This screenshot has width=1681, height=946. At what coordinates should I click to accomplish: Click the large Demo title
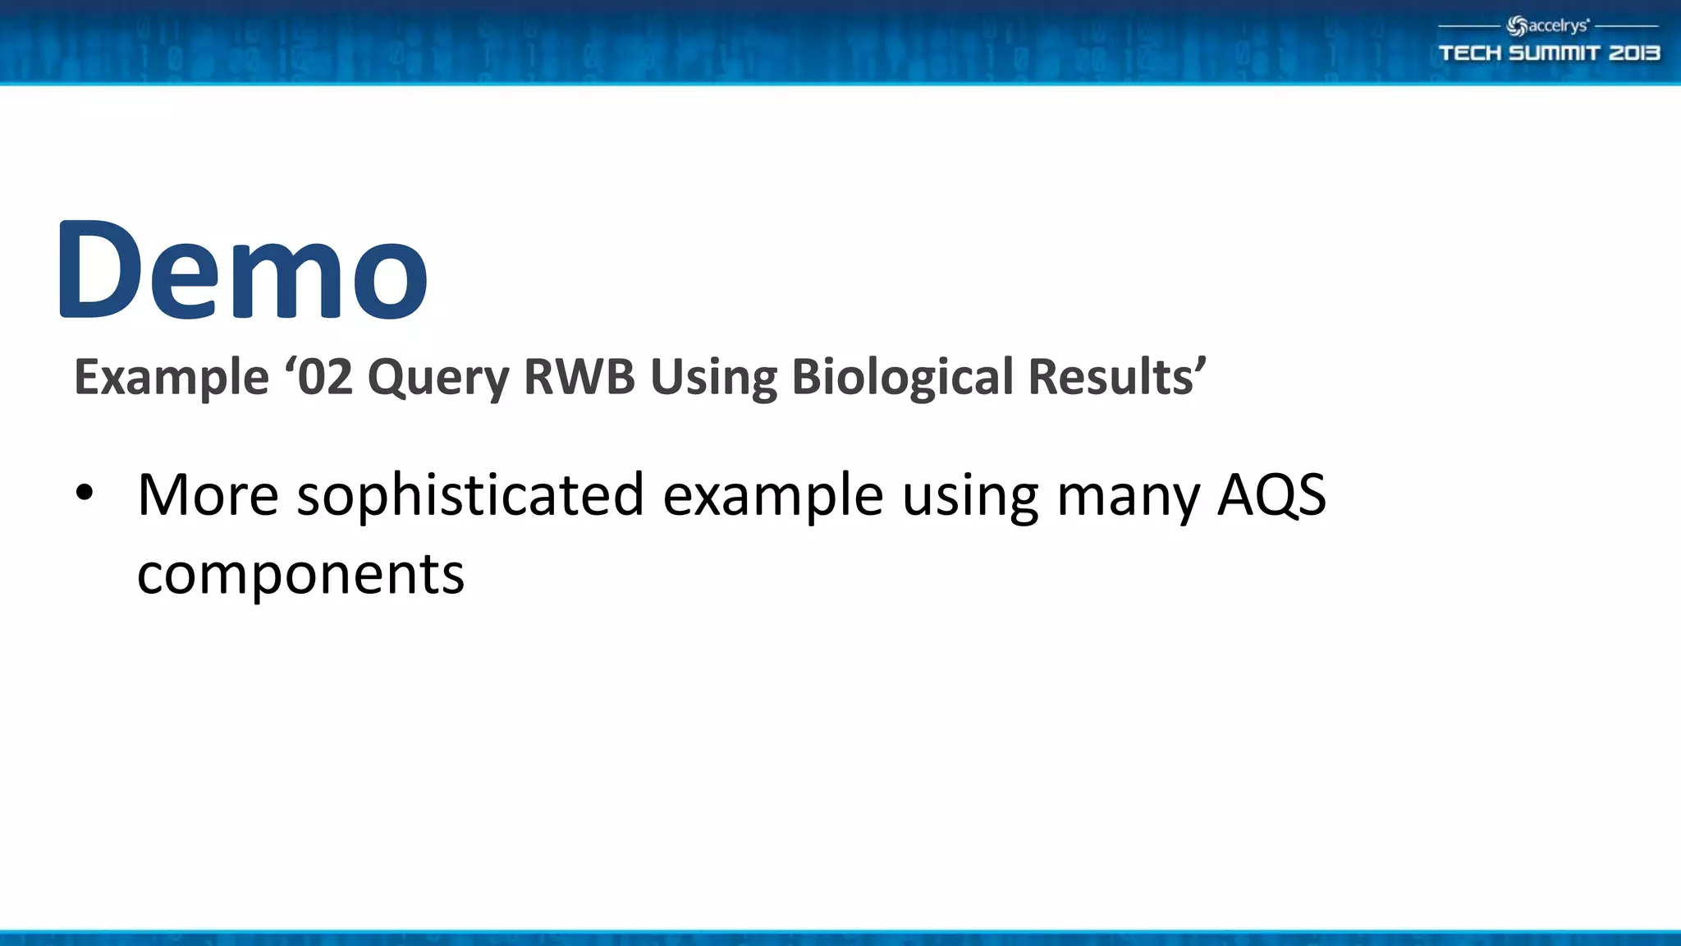pos(243,271)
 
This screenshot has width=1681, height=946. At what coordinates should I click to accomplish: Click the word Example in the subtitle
pos(171,378)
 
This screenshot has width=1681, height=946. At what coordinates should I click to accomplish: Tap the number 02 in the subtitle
pos(325,378)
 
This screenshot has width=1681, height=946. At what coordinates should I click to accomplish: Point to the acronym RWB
pos(579,378)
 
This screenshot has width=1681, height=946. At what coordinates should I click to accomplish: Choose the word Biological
pos(902,378)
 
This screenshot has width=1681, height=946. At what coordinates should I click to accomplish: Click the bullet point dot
pos(85,494)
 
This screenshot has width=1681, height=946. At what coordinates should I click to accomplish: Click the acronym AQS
pos(1271,495)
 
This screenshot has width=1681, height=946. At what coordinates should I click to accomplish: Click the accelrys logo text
pos(1557,26)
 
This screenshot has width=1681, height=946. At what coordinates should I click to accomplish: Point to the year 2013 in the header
pos(1634,53)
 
